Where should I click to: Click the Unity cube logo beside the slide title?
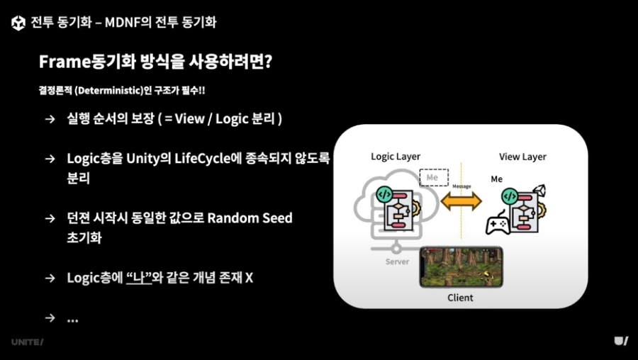(x=18, y=23)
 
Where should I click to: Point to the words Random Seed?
(x=250, y=218)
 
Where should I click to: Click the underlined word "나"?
(x=139, y=278)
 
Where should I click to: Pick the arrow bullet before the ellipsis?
(x=50, y=317)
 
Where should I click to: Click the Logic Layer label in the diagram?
(x=396, y=157)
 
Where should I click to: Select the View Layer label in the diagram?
(x=522, y=157)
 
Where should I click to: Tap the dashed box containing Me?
(x=434, y=177)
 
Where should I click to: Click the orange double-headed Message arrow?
(x=461, y=201)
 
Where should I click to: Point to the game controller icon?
(x=498, y=223)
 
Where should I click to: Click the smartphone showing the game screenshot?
(x=461, y=266)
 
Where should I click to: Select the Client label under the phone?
(x=460, y=298)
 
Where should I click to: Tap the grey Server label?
(x=397, y=261)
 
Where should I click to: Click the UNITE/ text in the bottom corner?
(x=27, y=342)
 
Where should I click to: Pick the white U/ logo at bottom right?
(x=621, y=341)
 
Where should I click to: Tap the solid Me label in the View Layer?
(x=496, y=179)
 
